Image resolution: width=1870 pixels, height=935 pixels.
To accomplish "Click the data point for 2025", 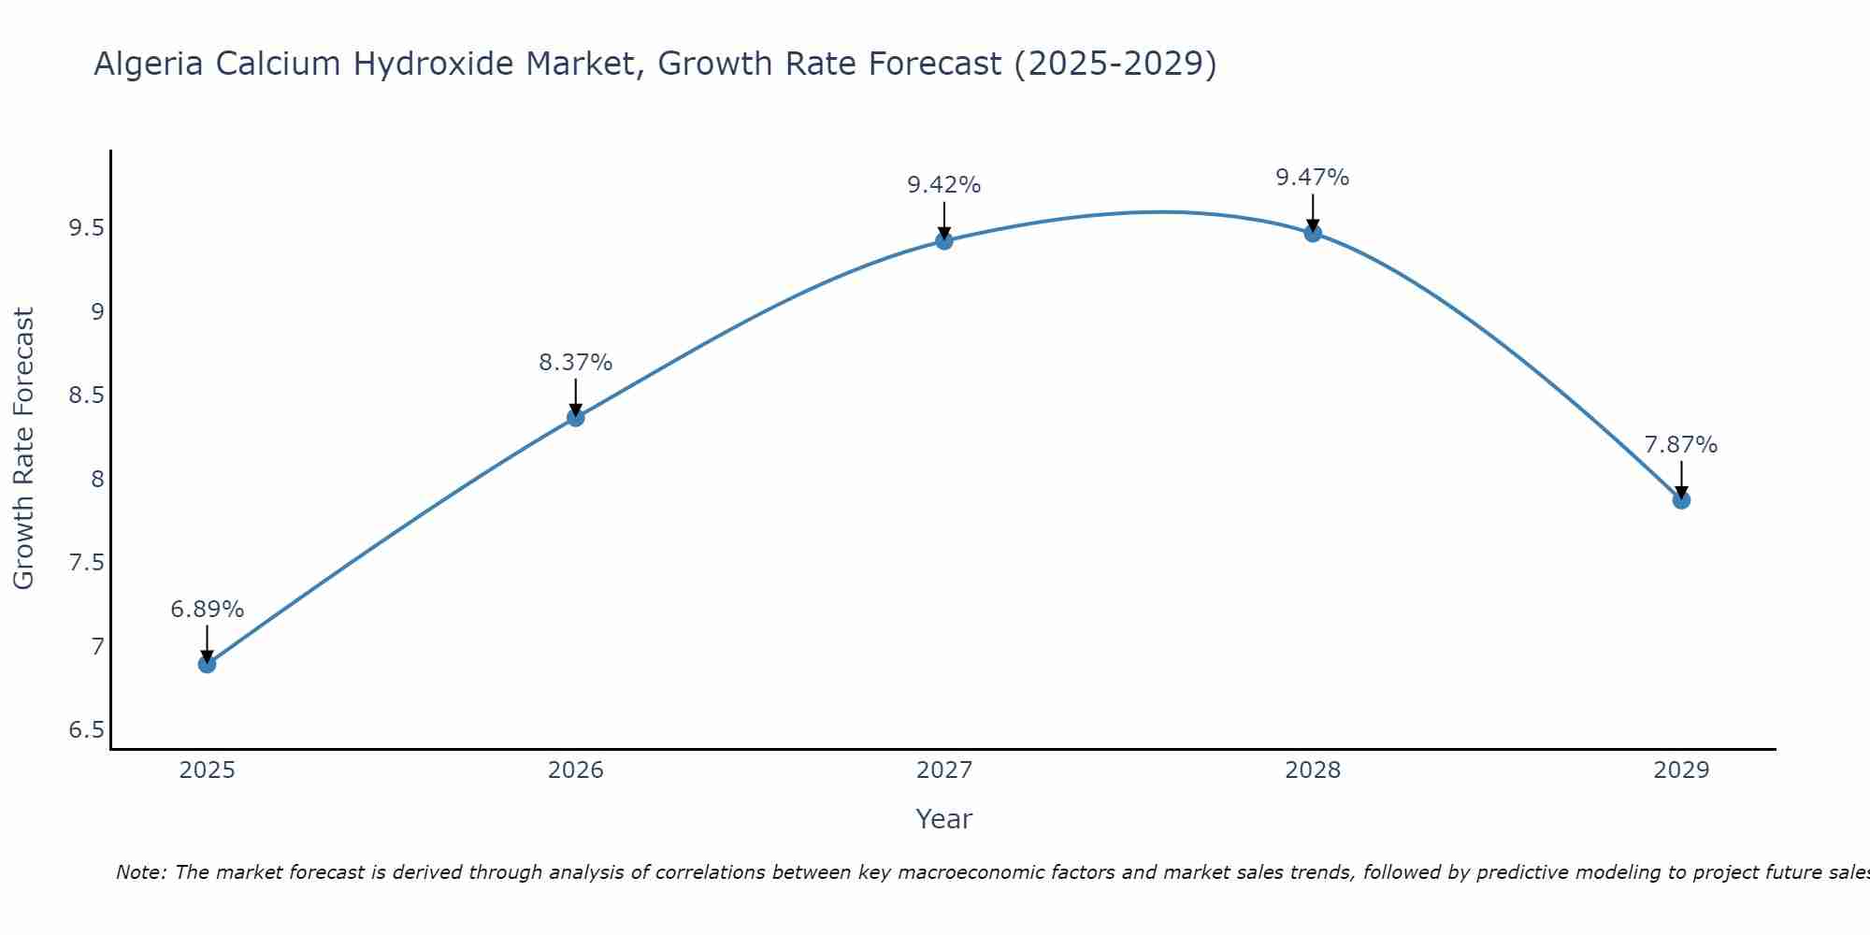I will click(x=207, y=664).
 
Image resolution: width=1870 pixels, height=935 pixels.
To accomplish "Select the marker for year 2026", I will click(x=576, y=417).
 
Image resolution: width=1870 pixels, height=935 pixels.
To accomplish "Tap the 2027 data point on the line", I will click(x=944, y=240).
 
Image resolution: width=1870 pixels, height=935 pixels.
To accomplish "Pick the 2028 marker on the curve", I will click(x=1313, y=233).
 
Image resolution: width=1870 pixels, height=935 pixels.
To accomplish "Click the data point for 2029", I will click(x=1681, y=500).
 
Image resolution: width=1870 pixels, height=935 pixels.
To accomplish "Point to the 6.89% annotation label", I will click(x=207, y=610).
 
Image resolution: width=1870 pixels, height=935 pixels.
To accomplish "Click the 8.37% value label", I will click(x=576, y=363).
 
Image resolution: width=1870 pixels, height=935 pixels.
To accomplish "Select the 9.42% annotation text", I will click(x=944, y=185).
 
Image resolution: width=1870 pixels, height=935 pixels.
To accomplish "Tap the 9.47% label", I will click(x=1313, y=178).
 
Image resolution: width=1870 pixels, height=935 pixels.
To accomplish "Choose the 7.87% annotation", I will click(x=1681, y=445).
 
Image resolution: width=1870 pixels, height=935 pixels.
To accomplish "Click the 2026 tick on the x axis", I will click(x=576, y=770).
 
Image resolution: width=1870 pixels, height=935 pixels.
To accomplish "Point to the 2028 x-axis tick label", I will click(x=1313, y=770).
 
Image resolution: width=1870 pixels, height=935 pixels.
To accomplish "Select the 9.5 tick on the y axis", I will click(x=86, y=228).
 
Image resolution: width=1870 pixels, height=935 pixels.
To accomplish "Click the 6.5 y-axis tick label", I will click(x=86, y=730).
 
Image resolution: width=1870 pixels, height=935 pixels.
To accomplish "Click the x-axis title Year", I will click(x=944, y=819).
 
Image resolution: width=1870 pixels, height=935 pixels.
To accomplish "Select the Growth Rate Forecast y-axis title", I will click(x=24, y=449).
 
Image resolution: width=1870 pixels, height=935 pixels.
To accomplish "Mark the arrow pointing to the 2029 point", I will click(x=1681, y=479).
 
